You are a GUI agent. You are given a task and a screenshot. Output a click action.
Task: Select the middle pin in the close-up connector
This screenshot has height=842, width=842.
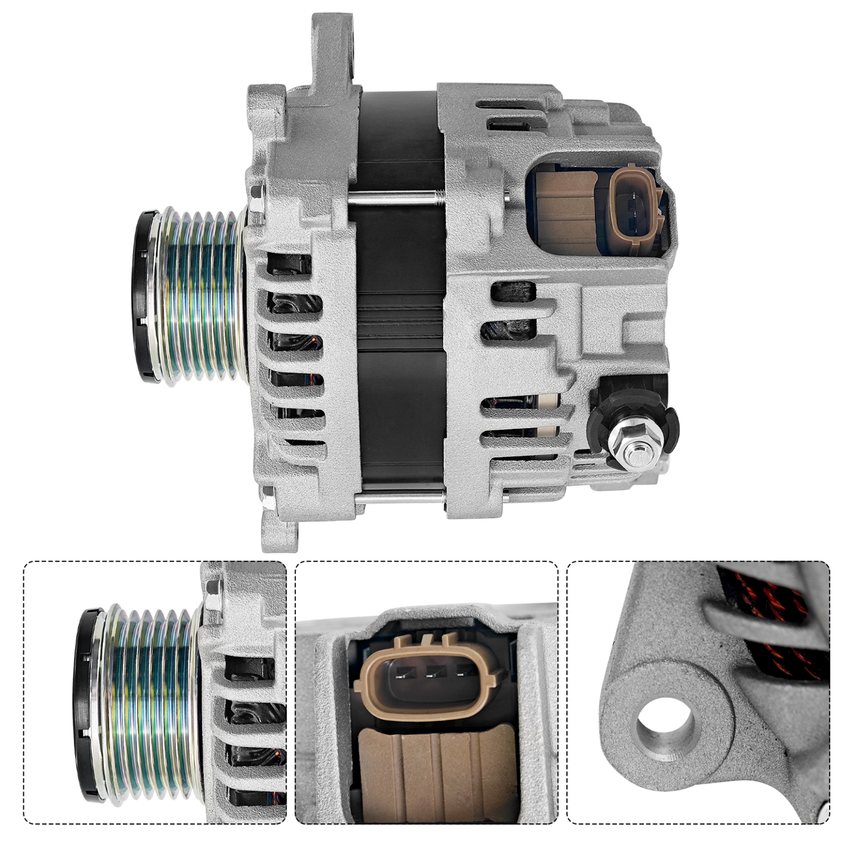[x=429, y=674]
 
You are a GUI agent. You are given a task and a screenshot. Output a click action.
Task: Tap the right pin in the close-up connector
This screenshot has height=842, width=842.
[x=460, y=674]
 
